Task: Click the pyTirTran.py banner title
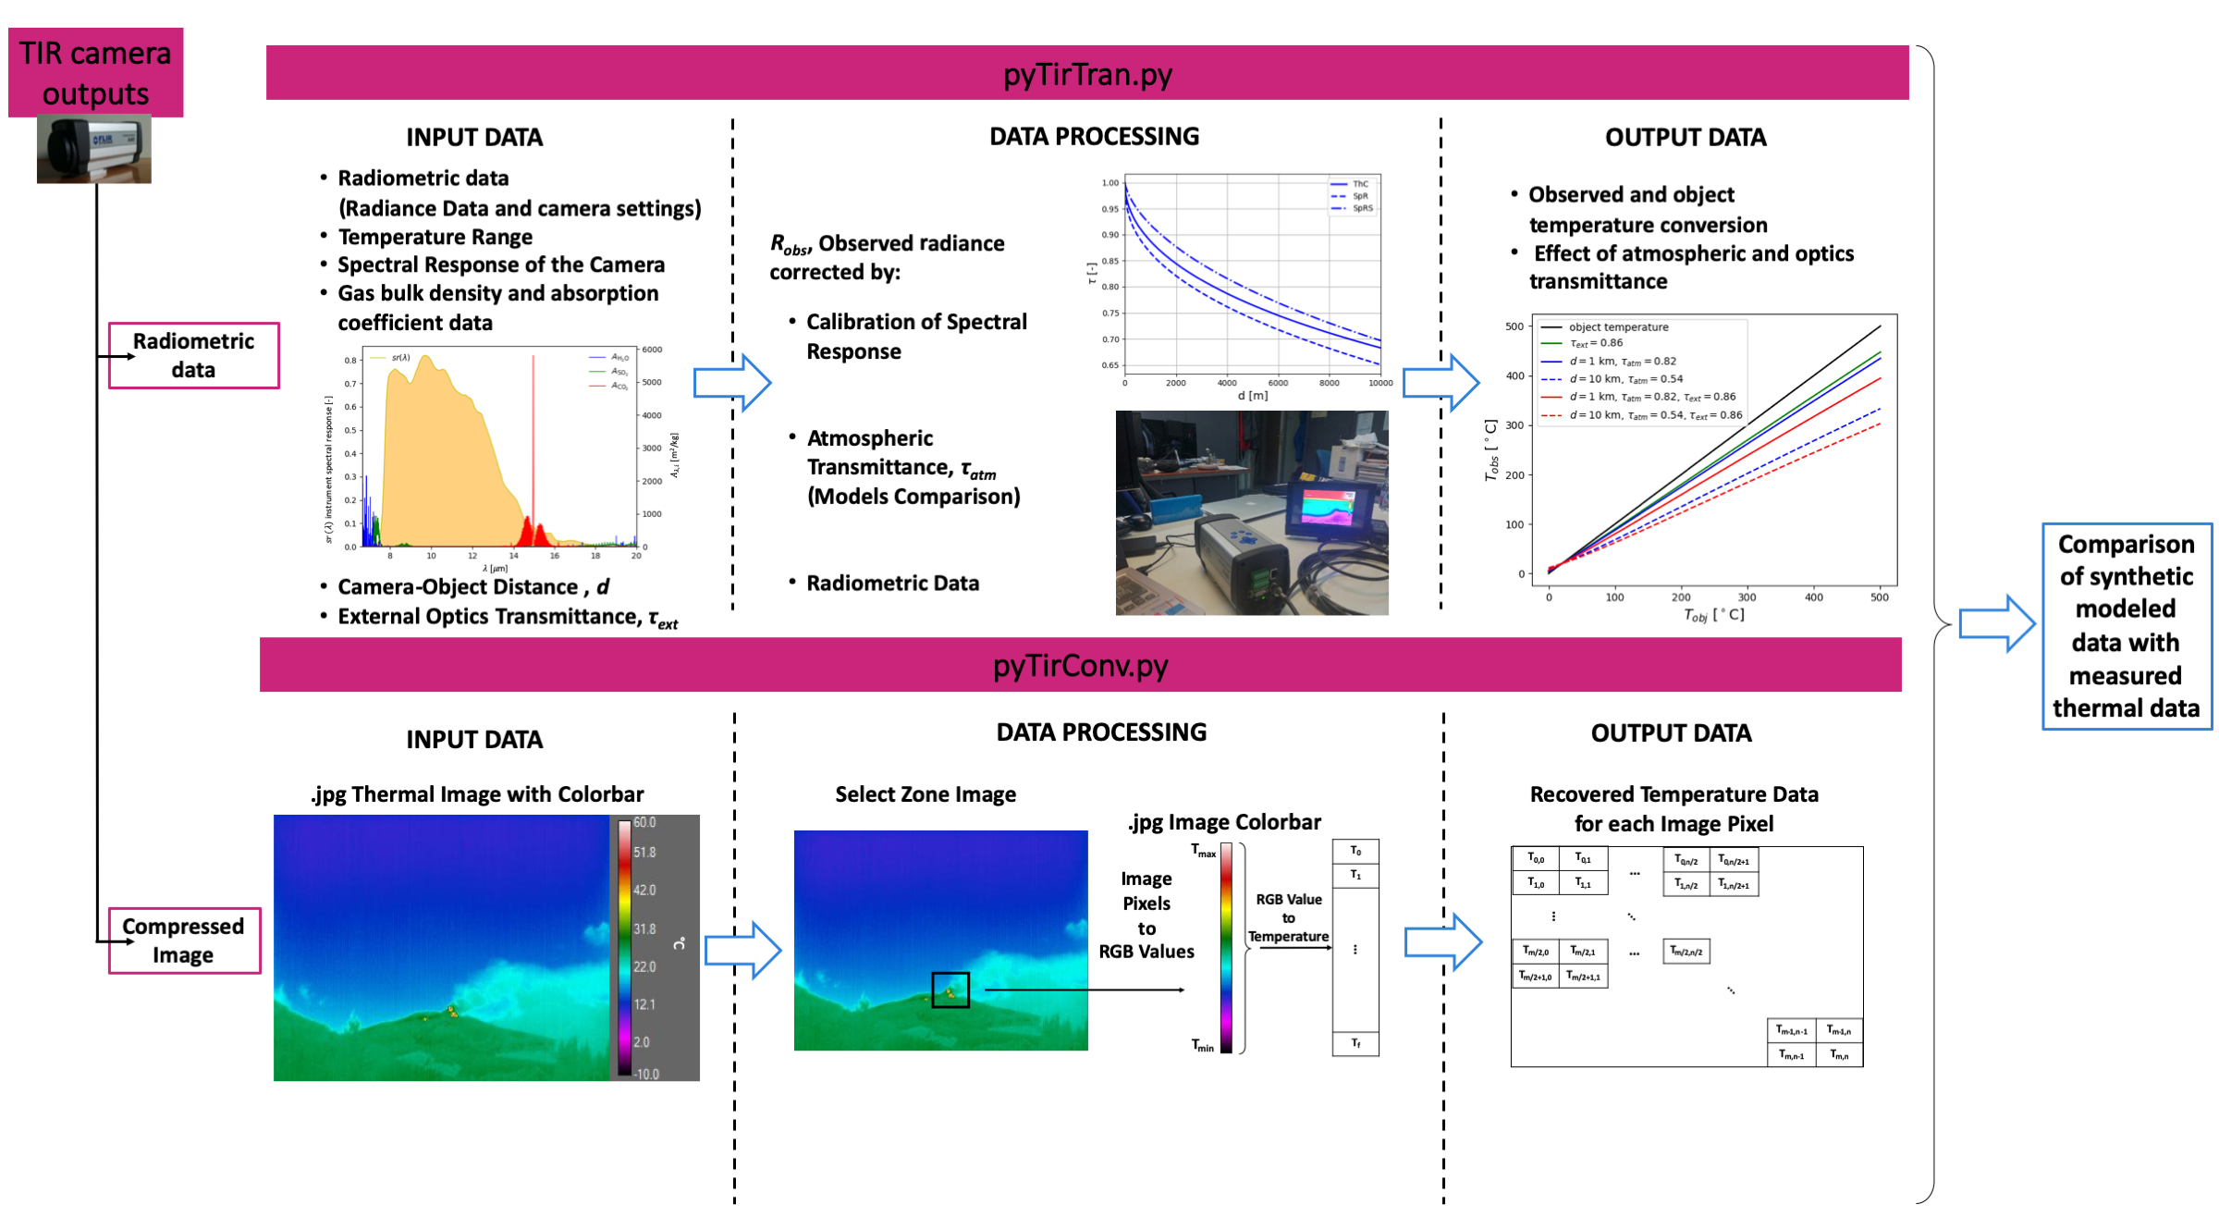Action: click(x=1087, y=74)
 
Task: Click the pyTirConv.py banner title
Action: click(x=1080, y=665)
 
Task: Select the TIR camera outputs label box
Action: click(x=95, y=72)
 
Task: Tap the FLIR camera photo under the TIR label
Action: click(x=93, y=149)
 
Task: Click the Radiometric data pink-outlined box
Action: click(x=193, y=355)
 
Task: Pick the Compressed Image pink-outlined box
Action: click(x=183, y=940)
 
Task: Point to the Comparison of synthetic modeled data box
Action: click(x=2126, y=626)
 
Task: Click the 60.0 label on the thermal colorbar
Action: click(x=644, y=822)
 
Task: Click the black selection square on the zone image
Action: click(x=950, y=990)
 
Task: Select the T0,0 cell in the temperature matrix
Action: click(x=1536, y=859)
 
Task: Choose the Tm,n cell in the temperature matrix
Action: click(x=1839, y=1054)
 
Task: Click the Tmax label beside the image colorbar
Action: click(x=1203, y=851)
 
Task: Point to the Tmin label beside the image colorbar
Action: click(x=1202, y=1045)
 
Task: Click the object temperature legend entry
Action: click(x=1618, y=327)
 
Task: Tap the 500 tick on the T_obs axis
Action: click(x=1514, y=326)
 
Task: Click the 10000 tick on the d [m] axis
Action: click(x=1379, y=383)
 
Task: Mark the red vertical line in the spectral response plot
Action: click(x=533, y=435)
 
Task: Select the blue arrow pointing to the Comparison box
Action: click(x=1997, y=623)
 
